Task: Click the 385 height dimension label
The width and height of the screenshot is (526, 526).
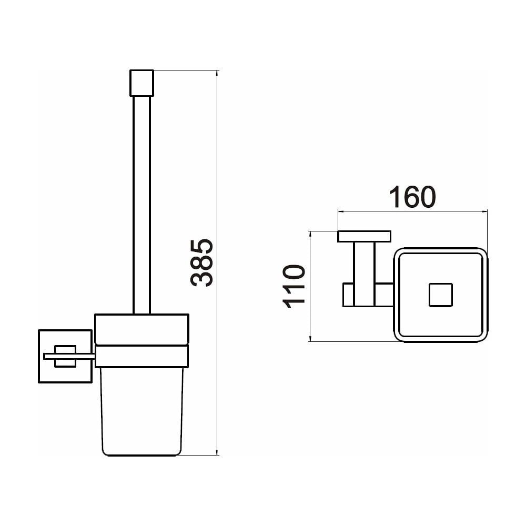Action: pyautogui.click(x=201, y=262)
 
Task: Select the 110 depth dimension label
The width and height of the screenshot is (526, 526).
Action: pyautogui.click(x=294, y=287)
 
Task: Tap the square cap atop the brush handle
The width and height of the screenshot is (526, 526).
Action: pyautogui.click(x=141, y=83)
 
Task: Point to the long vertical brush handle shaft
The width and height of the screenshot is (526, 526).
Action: pyautogui.click(x=141, y=205)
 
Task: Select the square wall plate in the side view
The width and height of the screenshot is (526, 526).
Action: pyautogui.click(x=65, y=356)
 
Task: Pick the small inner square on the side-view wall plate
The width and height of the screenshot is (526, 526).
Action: pyautogui.click(x=65, y=356)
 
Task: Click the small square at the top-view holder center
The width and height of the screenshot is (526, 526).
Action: pyautogui.click(x=441, y=295)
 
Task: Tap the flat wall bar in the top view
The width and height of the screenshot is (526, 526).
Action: pyautogui.click(x=365, y=237)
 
